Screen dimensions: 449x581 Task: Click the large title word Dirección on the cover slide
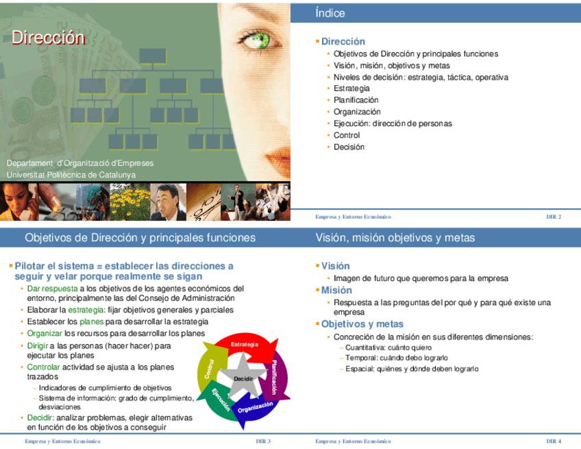click(x=47, y=38)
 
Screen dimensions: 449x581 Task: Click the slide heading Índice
click(x=330, y=13)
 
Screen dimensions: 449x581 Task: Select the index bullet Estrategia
click(x=351, y=88)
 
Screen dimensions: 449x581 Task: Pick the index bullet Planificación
click(x=356, y=100)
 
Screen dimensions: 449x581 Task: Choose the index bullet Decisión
click(x=349, y=147)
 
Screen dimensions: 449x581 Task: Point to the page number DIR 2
click(x=554, y=217)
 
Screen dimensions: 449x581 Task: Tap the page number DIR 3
click(x=263, y=441)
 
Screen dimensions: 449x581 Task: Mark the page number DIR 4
click(x=554, y=441)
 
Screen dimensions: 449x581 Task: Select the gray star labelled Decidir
click(x=243, y=379)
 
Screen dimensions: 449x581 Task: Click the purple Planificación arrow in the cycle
click(x=281, y=376)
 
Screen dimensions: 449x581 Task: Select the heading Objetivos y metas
click(x=362, y=324)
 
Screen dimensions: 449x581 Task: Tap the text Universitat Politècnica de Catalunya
click(x=71, y=175)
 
